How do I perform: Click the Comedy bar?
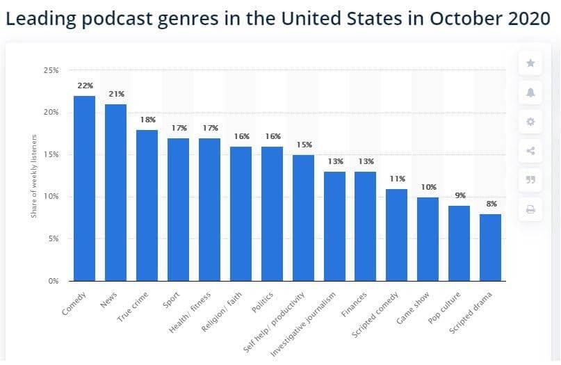pyautogui.click(x=84, y=188)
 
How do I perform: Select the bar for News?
pyautogui.click(x=115, y=193)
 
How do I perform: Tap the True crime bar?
pyautogui.click(x=147, y=205)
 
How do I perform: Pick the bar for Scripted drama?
pyautogui.click(x=489, y=247)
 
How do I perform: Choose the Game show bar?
pyautogui.click(x=428, y=238)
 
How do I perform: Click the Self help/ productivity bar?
pyautogui.click(x=302, y=218)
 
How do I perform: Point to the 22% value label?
pyautogui.click(x=84, y=86)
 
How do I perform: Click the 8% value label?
pyautogui.click(x=490, y=204)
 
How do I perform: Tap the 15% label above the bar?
pyautogui.click(x=302, y=145)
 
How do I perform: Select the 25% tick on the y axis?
pyautogui.click(x=51, y=71)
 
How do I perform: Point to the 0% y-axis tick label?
pyautogui.click(x=53, y=281)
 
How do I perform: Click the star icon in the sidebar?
pyautogui.click(x=530, y=63)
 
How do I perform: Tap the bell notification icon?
pyautogui.click(x=530, y=92)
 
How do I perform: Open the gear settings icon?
pyautogui.click(x=530, y=122)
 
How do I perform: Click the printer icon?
pyautogui.click(x=530, y=209)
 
